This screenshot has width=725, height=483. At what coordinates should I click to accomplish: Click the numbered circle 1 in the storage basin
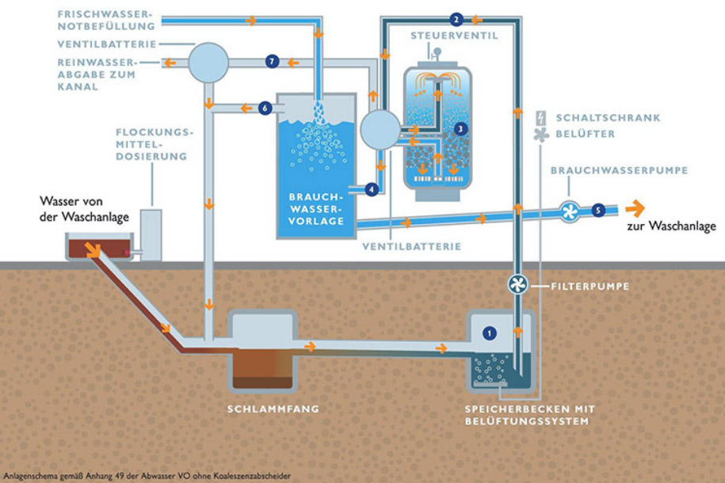[490, 333]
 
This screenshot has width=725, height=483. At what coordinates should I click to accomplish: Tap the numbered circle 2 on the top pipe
[456, 19]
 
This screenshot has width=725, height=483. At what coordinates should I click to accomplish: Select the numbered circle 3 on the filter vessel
[460, 127]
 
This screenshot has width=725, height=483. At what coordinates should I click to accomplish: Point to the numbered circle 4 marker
[372, 189]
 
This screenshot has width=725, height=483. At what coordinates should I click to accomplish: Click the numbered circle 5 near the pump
[597, 210]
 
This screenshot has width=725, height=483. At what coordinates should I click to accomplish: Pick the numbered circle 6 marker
[265, 108]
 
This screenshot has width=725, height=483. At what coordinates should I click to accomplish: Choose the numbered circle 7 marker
[273, 61]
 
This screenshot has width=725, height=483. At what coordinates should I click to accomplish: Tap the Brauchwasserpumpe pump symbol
[568, 210]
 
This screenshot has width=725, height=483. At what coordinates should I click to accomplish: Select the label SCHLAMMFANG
[262, 409]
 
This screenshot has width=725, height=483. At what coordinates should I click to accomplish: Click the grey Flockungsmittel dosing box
[151, 234]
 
